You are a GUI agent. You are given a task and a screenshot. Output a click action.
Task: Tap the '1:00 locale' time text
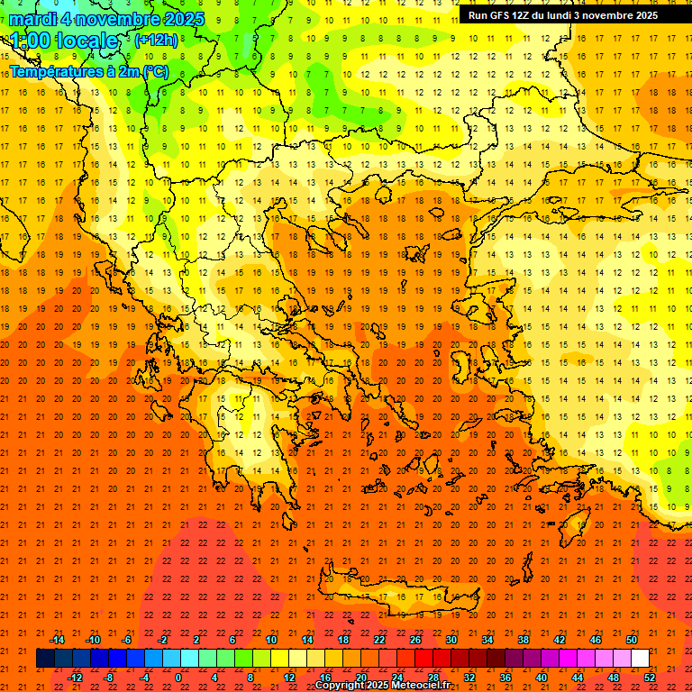[x=64, y=41]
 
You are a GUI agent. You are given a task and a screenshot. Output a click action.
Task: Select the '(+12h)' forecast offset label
[x=155, y=41]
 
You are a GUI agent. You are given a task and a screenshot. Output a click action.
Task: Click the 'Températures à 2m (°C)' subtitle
[x=88, y=70]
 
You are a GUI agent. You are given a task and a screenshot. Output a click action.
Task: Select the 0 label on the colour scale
[x=178, y=677]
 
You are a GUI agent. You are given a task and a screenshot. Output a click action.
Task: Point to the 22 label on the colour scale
[x=379, y=640]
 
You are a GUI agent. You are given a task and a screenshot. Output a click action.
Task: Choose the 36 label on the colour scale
[x=505, y=677]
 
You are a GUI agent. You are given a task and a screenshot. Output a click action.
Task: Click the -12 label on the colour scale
[x=75, y=677]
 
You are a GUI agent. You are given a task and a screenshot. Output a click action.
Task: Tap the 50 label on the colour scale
[x=631, y=640]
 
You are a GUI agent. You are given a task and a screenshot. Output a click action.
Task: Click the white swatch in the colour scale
[x=640, y=659]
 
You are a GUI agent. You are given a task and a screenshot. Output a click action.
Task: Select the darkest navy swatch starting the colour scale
[x=45, y=659]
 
